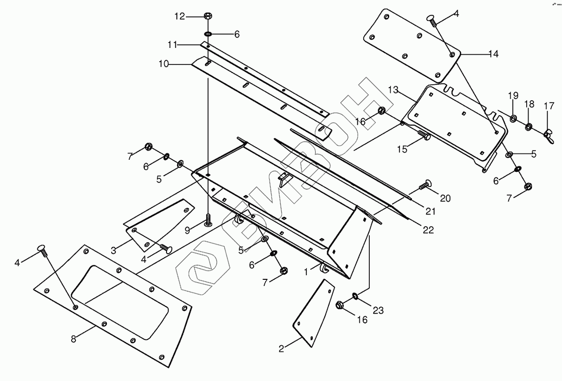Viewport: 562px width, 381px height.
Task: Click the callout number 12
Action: pos(180,16)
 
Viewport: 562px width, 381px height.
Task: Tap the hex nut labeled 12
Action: pos(208,16)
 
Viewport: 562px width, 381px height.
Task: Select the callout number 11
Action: pos(172,45)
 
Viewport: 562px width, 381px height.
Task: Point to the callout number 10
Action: pos(164,64)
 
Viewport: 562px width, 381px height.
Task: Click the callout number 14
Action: pos(494,54)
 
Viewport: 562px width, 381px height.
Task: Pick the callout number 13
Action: pos(393,90)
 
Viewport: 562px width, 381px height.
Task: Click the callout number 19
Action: pos(513,96)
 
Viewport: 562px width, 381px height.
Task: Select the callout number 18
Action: pos(530,104)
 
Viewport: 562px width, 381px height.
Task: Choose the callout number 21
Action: pos(430,212)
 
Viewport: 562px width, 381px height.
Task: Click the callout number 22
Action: pos(428,230)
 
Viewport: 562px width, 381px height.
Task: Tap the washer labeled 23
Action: pos(355,296)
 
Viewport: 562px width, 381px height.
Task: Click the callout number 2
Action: pos(281,349)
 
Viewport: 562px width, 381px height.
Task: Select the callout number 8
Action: pos(74,339)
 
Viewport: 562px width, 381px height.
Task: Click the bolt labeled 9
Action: pos(208,219)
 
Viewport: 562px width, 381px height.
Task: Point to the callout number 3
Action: pos(114,250)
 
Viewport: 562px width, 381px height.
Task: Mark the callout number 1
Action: pos(306,272)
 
